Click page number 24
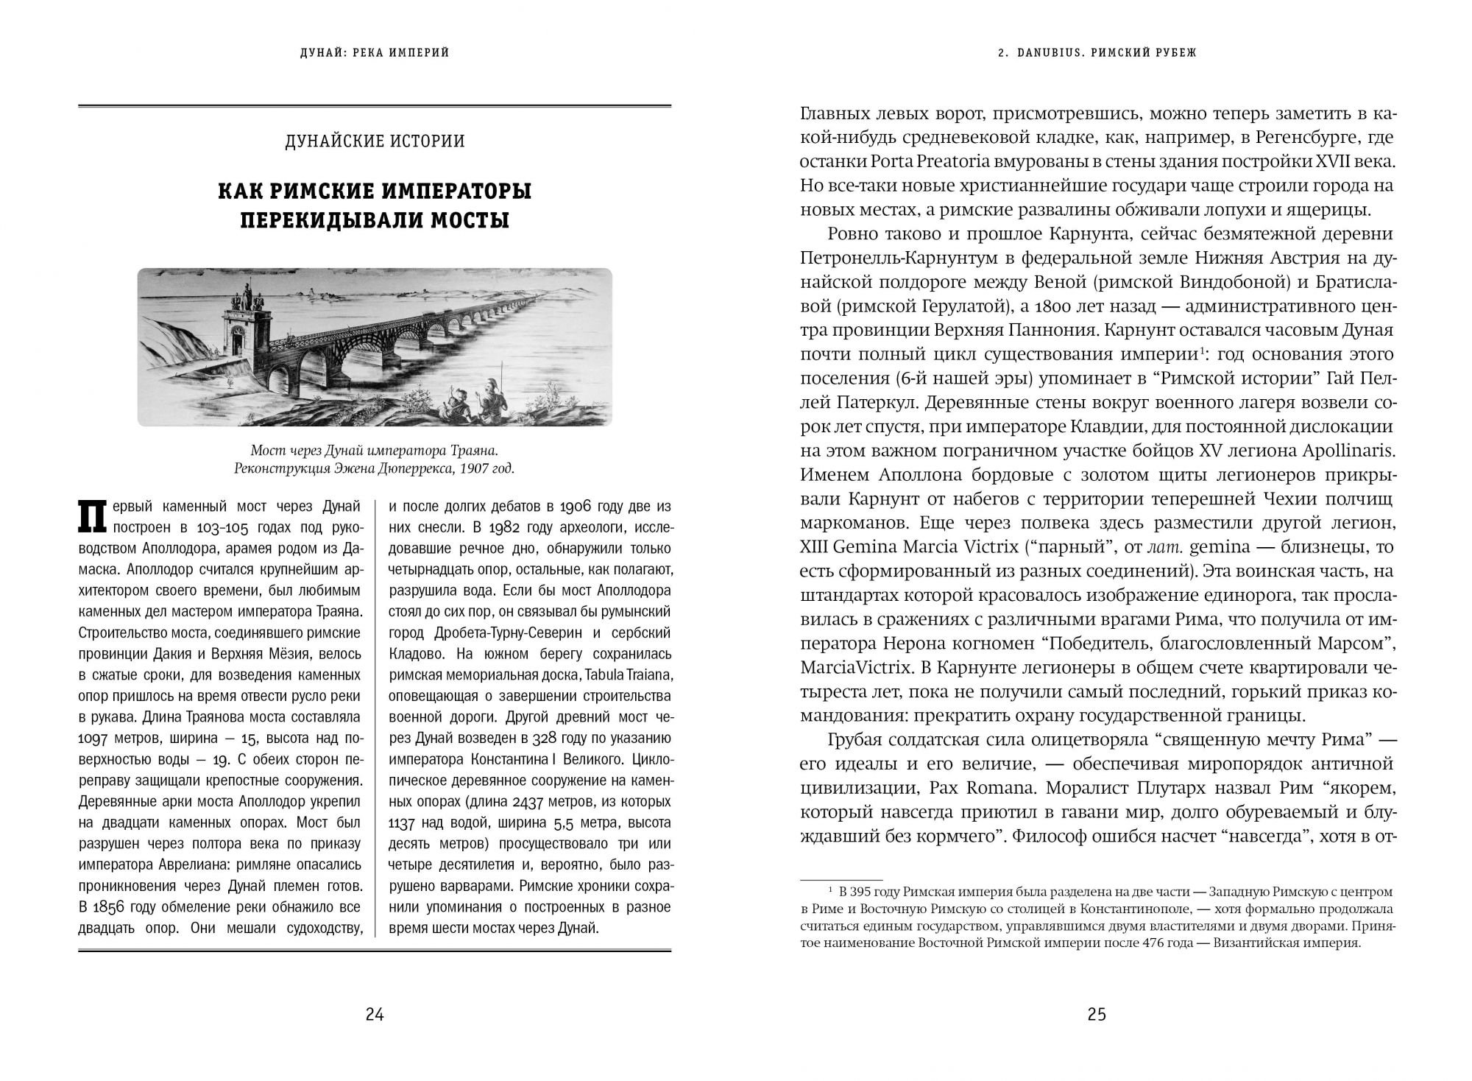(375, 1015)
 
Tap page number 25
(1097, 1015)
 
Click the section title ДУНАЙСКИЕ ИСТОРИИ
(375, 141)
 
